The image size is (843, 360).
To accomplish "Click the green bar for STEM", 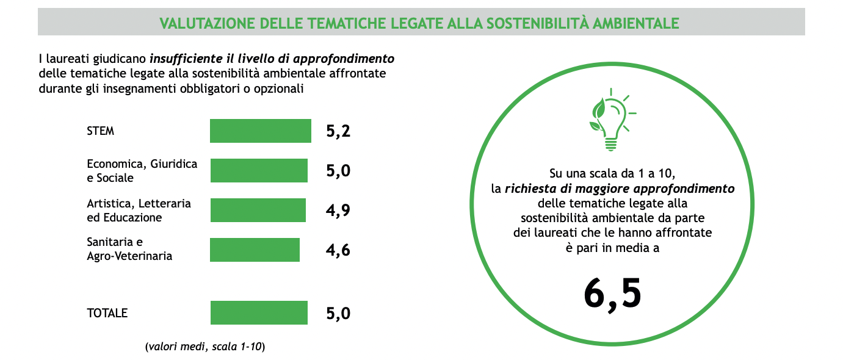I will click(x=260, y=131).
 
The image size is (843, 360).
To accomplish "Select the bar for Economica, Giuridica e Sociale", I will click(x=259, y=171).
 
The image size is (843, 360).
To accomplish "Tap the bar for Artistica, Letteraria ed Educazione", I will click(x=258, y=211).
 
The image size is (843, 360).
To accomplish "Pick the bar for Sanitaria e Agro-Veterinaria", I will click(x=255, y=250).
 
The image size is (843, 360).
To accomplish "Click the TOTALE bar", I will click(x=259, y=313).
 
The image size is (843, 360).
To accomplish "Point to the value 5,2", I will click(x=338, y=131).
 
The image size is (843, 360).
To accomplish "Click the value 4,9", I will click(x=338, y=211).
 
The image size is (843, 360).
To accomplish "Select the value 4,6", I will click(x=338, y=250).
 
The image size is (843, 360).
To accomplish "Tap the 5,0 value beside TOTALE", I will click(x=338, y=314).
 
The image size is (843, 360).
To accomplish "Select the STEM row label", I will click(x=101, y=131).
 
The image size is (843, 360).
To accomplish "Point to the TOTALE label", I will click(x=107, y=313).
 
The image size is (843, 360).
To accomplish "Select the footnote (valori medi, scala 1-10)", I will click(x=205, y=347).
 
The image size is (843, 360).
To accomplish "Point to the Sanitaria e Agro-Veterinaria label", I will click(x=129, y=249).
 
